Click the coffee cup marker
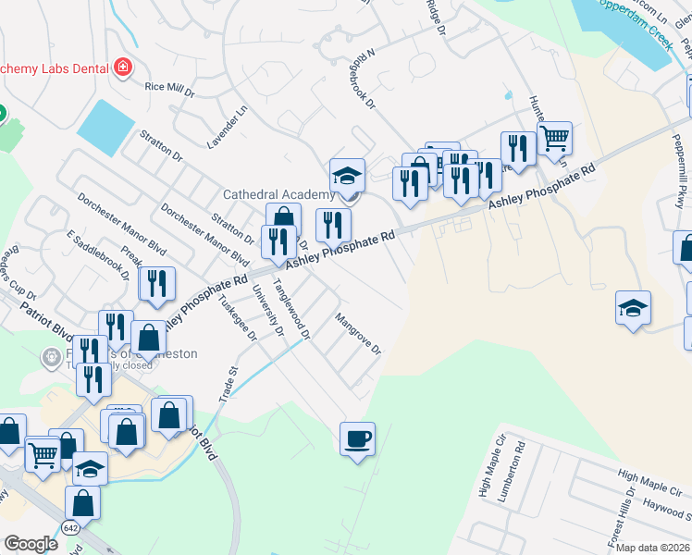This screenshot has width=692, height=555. (x=357, y=438)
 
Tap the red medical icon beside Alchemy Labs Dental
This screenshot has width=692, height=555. (x=122, y=68)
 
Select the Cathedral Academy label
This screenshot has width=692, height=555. (x=278, y=194)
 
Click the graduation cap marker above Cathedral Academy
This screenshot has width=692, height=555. (x=347, y=175)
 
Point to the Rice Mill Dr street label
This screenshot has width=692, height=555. (x=169, y=89)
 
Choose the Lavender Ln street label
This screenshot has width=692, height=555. (x=228, y=128)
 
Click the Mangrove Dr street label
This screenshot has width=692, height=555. (x=358, y=335)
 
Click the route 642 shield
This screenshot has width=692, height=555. (x=71, y=527)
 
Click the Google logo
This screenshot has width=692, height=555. (x=31, y=544)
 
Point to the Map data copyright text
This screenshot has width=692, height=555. (x=653, y=548)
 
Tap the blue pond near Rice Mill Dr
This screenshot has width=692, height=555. (x=106, y=126)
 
